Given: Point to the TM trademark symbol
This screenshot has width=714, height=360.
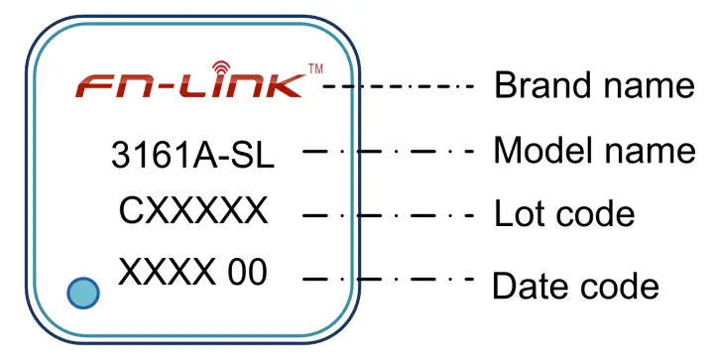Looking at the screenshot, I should tap(315, 68).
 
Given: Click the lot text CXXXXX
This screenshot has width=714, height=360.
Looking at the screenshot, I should tap(193, 211).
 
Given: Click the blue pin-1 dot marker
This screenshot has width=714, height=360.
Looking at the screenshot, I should tap(85, 293).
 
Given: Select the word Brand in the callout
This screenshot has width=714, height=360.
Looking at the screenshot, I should tap(540, 86).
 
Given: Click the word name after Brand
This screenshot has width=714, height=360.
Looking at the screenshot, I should tap(646, 86).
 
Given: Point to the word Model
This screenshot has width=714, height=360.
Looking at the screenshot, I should tap(540, 151).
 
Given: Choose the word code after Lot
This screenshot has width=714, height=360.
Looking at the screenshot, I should tap(594, 213).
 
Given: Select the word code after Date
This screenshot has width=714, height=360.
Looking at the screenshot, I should tap(619, 286).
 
